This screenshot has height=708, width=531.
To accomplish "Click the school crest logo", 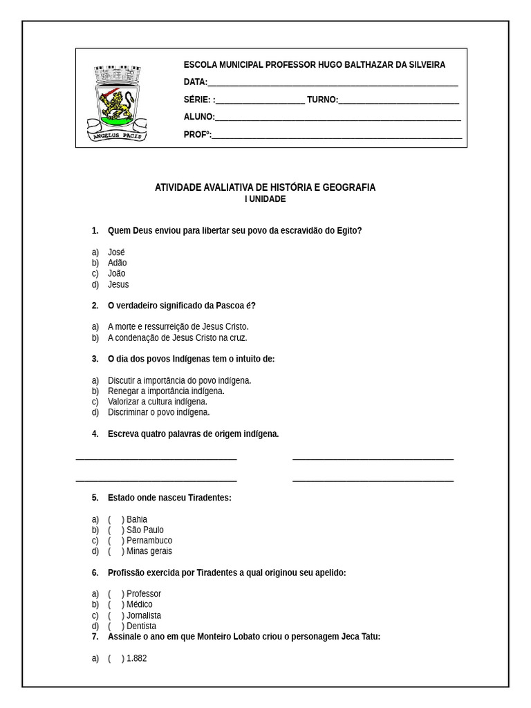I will [116, 102].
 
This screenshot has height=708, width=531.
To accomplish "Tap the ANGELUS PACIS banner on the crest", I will [116, 136].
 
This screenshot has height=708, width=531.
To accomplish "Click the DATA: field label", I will [195, 82].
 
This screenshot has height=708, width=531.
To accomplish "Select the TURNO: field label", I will [322, 100].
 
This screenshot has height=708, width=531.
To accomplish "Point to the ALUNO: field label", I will [199, 117].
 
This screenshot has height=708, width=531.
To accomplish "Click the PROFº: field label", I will [197, 135].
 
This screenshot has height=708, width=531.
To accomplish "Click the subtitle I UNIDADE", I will [265, 199].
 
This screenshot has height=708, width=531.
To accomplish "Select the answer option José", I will [116, 252].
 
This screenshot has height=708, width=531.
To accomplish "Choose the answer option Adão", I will [117, 263].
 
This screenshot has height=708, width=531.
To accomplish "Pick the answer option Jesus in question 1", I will [118, 284].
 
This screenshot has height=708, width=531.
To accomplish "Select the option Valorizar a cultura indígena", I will [157, 402].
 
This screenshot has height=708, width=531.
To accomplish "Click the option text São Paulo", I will [145, 530].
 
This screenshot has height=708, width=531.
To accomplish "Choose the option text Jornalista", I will [144, 615].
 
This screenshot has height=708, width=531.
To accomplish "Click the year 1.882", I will [136, 658].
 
